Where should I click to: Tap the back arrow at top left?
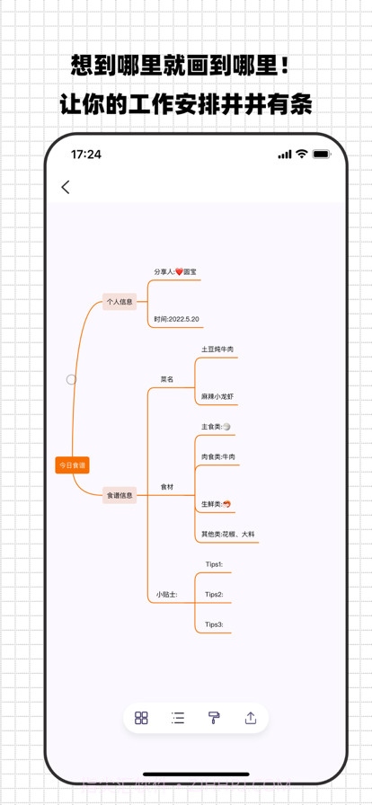[66, 187]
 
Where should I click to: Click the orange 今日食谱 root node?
[72, 465]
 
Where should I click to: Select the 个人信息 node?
[120, 302]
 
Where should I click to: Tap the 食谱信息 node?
[120, 495]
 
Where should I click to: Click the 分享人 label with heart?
[175, 271]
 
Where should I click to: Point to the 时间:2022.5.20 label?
[176, 319]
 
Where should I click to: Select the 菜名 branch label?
[167, 379]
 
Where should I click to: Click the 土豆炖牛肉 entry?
[217, 349]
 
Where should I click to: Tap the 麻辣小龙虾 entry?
[217, 396]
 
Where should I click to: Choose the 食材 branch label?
[167, 487]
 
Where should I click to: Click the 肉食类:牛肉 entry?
[218, 457]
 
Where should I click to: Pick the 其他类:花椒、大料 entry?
[228, 534]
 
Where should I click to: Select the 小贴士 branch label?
[166, 594]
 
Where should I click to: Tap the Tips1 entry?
[214, 564]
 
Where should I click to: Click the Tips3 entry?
[214, 624]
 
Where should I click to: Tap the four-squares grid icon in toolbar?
[141, 718]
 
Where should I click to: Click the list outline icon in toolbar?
[178, 718]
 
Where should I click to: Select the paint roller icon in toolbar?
[214, 718]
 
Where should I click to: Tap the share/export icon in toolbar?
[251, 718]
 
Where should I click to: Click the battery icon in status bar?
[321, 155]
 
